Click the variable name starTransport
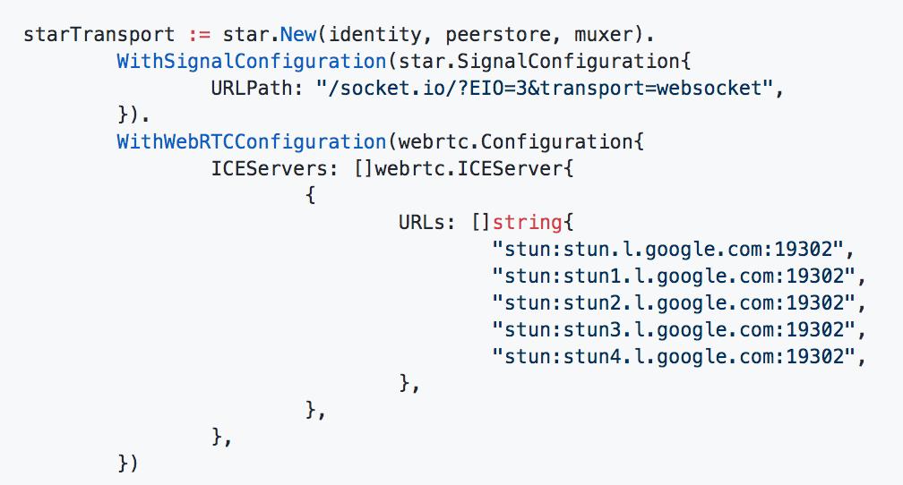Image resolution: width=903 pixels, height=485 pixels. pyautogui.click(x=99, y=36)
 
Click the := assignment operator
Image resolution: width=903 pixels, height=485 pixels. pyautogui.click(x=199, y=36)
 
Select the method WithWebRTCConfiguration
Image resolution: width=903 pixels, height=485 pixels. pyautogui.click(x=251, y=142)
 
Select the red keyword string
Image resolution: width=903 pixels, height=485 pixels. pyautogui.click(x=521, y=222)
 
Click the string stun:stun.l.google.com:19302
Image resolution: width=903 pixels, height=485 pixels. pyautogui.click(x=668, y=249)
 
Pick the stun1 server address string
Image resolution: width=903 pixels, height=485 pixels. pyautogui.click(x=673, y=276)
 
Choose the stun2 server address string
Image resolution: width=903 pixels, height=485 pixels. pyautogui.click(x=673, y=302)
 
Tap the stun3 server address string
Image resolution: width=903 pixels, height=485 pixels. pyautogui.click(x=673, y=329)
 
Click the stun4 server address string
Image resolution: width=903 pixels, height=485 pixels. pyautogui.click(x=673, y=356)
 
